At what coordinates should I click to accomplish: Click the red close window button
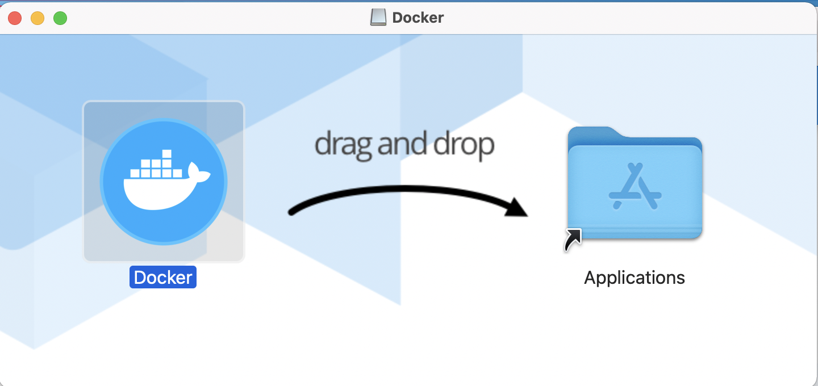[x=15, y=18]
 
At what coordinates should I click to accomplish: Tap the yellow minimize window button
[x=37, y=18]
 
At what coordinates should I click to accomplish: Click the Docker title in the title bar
[x=418, y=18]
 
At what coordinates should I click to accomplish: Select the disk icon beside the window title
[x=378, y=18]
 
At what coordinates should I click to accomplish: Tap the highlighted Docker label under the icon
[x=163, y=278]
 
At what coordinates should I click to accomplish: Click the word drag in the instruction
[x=344, y=145]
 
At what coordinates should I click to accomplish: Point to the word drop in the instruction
[x=464, y=145]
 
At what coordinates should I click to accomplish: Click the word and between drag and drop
[x=404, y=145]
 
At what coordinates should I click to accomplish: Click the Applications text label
[x=635, y=278]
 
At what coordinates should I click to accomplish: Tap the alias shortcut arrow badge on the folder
[x=573, y=240]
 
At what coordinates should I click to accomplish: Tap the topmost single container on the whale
[x=166, y=154]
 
